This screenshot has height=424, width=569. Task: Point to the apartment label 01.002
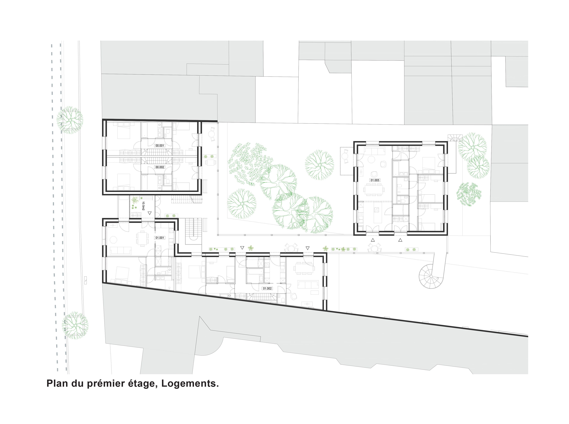click(267, 288)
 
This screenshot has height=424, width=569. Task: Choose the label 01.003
click(375, 180)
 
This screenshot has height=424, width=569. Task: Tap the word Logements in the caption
click(190, 383)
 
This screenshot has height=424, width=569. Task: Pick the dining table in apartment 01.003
click(374, 190)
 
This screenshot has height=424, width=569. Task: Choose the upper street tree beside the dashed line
click(70, 120)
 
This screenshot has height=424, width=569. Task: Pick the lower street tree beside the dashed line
click(75, 325)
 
